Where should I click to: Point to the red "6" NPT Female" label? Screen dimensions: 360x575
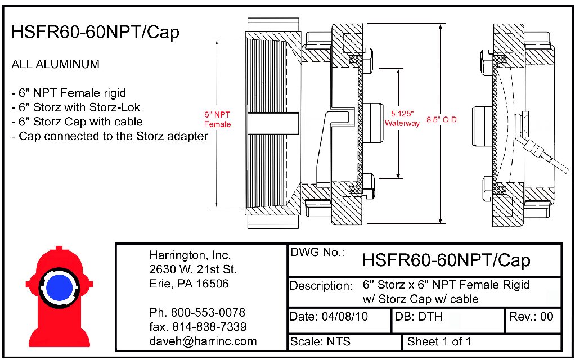coord(217,119)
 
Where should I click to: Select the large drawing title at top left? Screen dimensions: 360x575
coord(95,33)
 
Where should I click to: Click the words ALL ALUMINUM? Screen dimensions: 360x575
coord(55,64)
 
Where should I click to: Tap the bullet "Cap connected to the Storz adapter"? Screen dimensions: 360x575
coord(110,136)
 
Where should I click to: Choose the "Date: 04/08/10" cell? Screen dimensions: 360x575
coord(329,317)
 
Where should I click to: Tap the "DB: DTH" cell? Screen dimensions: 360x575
coord(419,317)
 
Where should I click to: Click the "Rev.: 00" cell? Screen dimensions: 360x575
coord(531,317)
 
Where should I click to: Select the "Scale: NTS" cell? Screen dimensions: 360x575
coord(320,341)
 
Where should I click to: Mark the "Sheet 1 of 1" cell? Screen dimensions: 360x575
coord(439,341)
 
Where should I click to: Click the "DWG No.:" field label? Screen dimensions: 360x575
coord(317,253)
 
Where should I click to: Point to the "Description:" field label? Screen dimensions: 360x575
coord(321,286)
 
